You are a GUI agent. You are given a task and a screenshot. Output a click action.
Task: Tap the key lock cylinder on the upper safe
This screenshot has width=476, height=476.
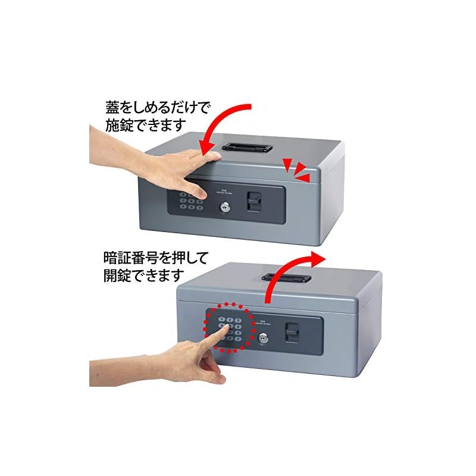click(225, 208)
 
